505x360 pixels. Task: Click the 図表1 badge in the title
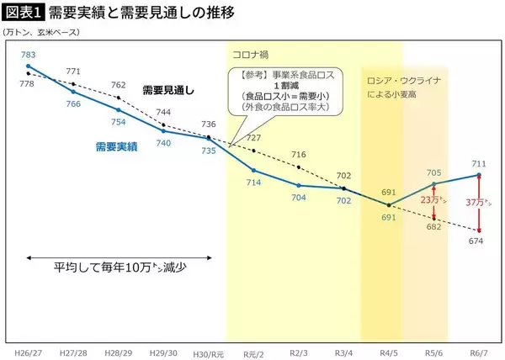[x=24, y=13]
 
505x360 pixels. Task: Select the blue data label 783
[x=29, y=55]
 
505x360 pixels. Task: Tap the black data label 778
[x=26, y=84]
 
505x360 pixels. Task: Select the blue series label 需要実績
[x=115, y=146]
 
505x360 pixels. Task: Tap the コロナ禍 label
[x=250, y=55]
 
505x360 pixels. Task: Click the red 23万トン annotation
[x=432, y=201]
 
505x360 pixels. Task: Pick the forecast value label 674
[x=476, y=241]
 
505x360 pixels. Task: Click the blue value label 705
[x=433, y=172]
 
